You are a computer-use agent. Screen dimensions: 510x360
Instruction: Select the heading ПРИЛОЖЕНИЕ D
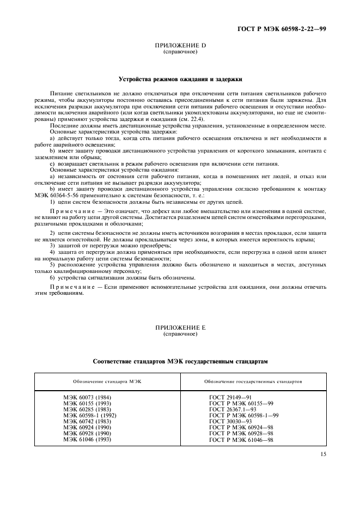coord(180,46)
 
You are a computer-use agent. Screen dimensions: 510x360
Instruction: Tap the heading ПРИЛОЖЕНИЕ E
coord(180,328)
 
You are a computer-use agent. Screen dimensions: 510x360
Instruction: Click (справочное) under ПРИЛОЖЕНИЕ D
coord(180,52)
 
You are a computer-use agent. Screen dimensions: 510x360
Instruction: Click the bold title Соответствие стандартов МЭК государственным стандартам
coord(180,361)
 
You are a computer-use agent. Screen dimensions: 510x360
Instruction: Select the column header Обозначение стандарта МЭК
coord(107,381)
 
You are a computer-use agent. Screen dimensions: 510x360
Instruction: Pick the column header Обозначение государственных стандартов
coord(253,381)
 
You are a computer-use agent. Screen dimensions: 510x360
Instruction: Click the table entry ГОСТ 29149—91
coord(230,397)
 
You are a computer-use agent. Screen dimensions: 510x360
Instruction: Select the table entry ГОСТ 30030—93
coord(230,421)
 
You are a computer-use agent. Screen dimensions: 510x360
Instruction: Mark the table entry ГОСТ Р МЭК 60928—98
coord(241,433)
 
